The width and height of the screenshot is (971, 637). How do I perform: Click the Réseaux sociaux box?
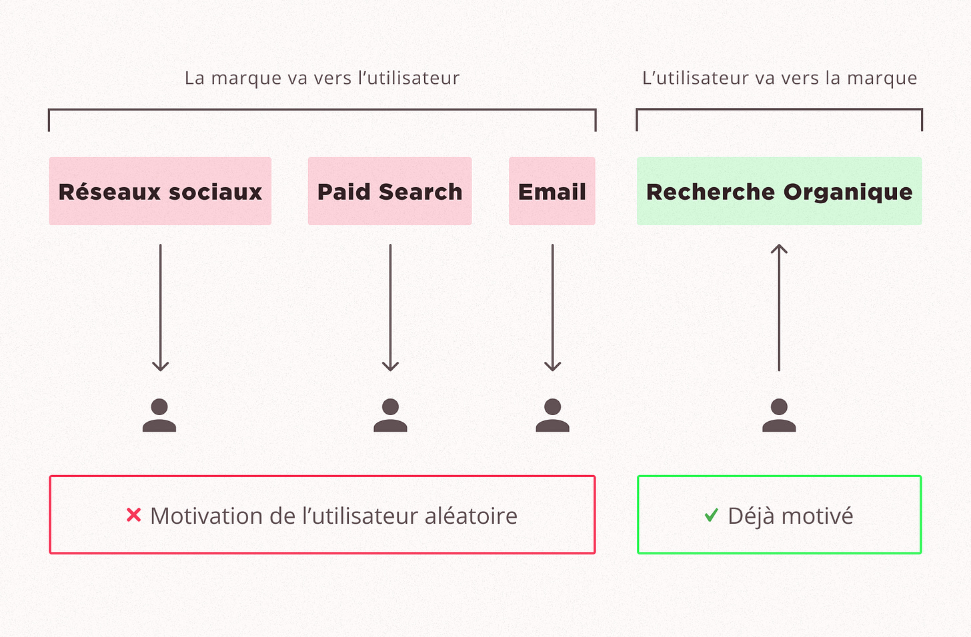pyautogui.click(x=160, y=191)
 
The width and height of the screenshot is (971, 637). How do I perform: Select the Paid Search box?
pyautogui.click(x=389, y=191)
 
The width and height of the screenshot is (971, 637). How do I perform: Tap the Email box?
pyautogui.click(x=552, y=191)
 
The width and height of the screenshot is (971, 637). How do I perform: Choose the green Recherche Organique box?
pyautogui.click(x=779, y=191)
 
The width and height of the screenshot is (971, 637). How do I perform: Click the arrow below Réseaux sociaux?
pyautogui.click(x=160, y=307)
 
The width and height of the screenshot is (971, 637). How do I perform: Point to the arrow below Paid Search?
pyautogui.click(x=390, y=307)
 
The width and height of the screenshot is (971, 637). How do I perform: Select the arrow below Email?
pyautogui.click(x=552, y=307)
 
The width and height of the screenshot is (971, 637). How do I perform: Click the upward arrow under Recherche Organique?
pyautogui.click(x=779, y=307)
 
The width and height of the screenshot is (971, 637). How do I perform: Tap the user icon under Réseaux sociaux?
pyautogui.click(x=159, y=416)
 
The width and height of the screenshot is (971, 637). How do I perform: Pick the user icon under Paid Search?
pyautogui.click(x=390, y=416)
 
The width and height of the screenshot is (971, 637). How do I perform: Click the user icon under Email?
pyautogui.click(x=552, y=416)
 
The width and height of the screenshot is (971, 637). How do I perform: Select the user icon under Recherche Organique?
pyautogui.click(x=779, y=416)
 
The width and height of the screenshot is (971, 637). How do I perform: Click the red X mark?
pyautogui.click(x=134, y=515)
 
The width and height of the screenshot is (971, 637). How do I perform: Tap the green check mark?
pyautogui.click(x=712, y=515)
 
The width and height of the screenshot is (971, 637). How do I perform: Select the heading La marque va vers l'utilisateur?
pyautogui.click(x=322, y=78)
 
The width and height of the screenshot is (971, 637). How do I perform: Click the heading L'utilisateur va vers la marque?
pyautogui.click(x=780, y=78)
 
